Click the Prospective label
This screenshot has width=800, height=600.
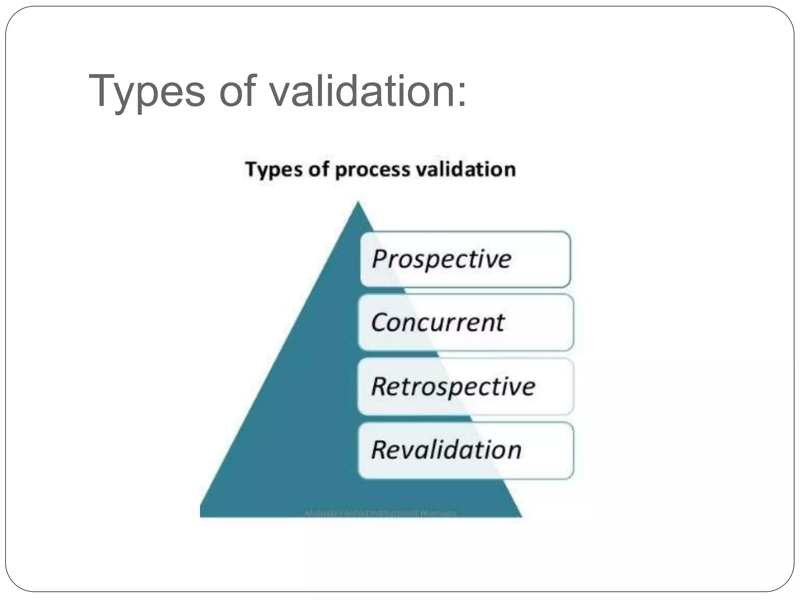[x=441, y=259]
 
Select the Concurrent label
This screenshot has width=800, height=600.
[x=437, y=322]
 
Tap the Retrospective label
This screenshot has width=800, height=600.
[x=453, y=386]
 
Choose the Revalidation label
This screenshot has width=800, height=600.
[x=446, y=450]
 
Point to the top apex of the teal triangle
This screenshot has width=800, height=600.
[x=358, y=203]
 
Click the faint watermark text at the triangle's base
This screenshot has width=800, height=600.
[x=380, y=512]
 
